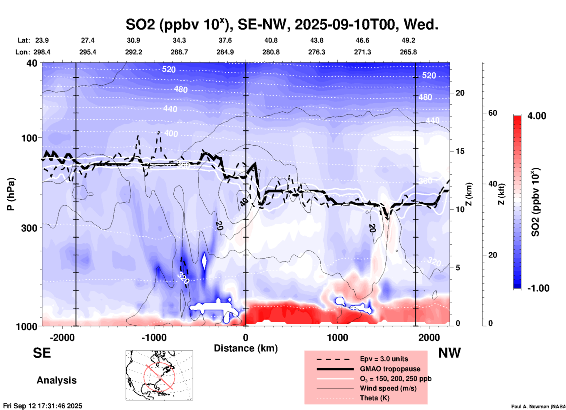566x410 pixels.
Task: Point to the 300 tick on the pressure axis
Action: click(x=29, y=228)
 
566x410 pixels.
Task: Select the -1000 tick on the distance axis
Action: click(x=154, y=337)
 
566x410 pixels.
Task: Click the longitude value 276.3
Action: click(x=317, y=52)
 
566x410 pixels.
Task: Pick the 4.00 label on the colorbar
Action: click(x=537, y=116)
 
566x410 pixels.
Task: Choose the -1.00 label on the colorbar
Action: click(x=538, y=288)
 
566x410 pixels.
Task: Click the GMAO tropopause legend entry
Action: click(x=390, y=369)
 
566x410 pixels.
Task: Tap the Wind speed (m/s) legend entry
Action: click(x=388, y=388)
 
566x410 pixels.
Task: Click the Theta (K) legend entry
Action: click(x=374, y=398)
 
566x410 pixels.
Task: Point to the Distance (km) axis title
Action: click(x=246, y=348)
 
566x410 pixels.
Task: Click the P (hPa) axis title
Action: click(x=11, y=194)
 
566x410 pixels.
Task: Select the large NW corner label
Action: click(x=449, y=353)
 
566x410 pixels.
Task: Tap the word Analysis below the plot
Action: click(x=56, y=380)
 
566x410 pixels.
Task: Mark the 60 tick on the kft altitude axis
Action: click(x=493, y=113)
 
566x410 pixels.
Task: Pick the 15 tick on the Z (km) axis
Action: click(x=460, y=151)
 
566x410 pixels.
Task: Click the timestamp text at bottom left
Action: click(x=43, y=406)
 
